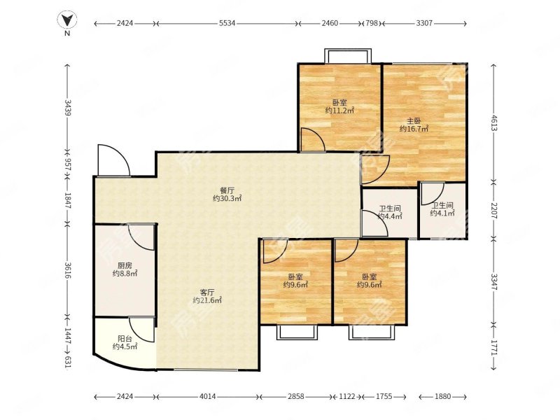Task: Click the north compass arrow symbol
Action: (67, 20)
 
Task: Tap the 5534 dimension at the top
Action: (227, 23)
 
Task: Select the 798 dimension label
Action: (372, 23)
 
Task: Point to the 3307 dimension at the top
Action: (424, 23)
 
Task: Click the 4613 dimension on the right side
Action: (493, 123)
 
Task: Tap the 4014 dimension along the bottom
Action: (207, 396)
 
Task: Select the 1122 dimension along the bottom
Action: (346, 396)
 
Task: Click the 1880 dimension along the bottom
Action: (443, 396)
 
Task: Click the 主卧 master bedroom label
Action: (414, 120)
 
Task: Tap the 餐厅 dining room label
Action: (227, 190)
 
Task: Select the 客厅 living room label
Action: (207, 292)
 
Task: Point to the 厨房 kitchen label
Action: (125, 266)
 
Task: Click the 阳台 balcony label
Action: (125, 339)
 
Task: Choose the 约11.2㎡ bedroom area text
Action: (339, 111)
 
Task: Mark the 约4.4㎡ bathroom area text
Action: (390, 216)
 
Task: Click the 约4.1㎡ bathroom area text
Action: (442, 213)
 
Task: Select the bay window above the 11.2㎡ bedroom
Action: (347, 56)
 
